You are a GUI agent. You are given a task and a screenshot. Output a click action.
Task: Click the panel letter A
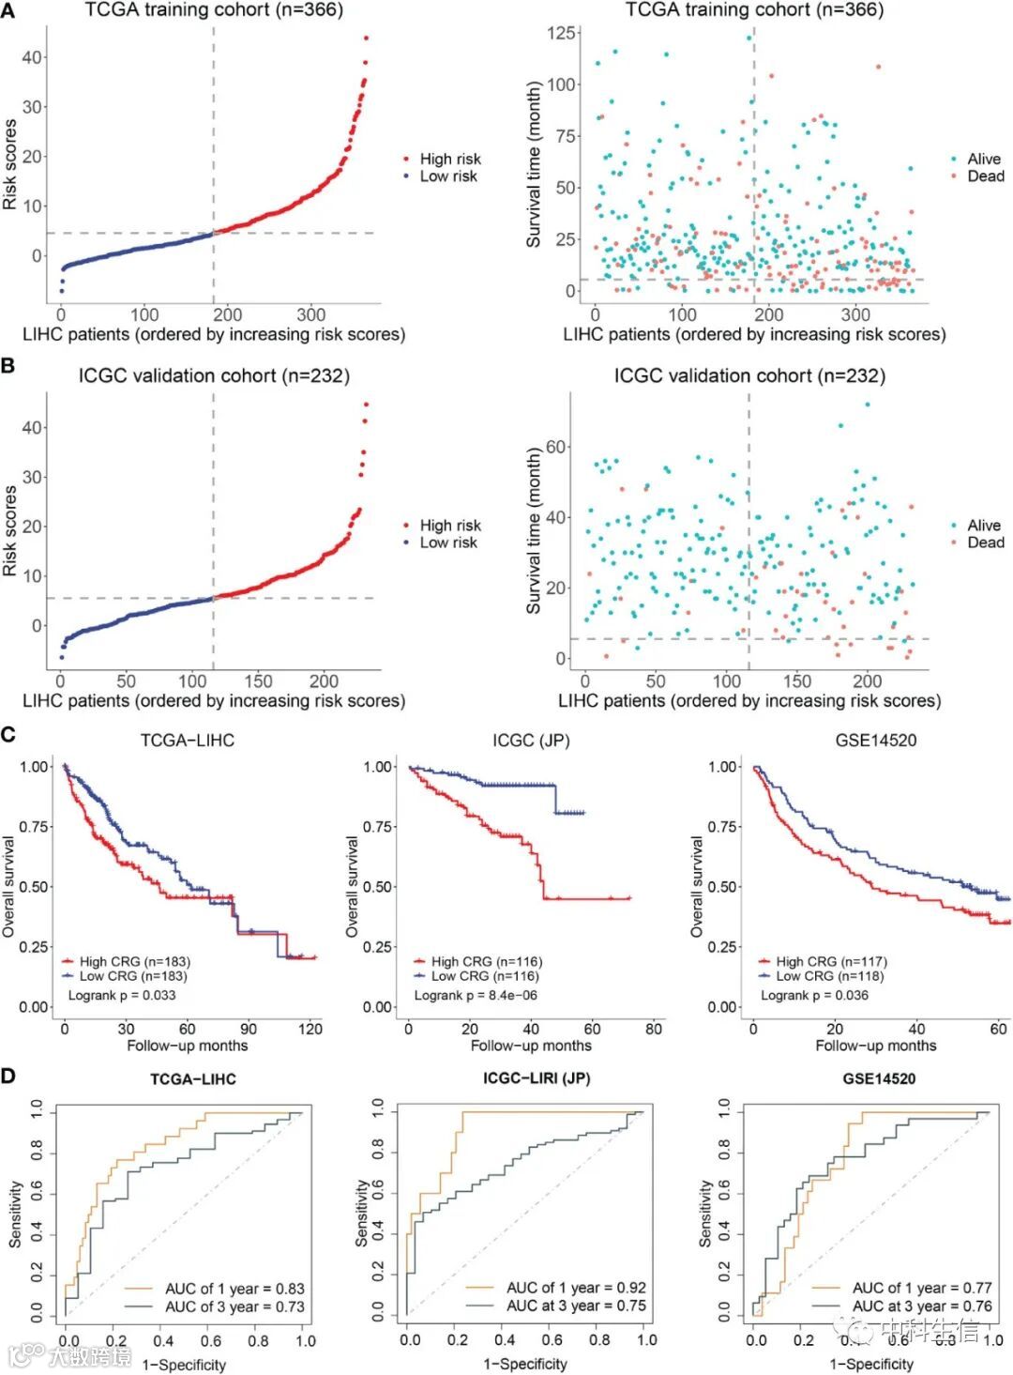pos(8,11)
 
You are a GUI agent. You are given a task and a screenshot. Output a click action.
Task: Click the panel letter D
pos(8,1075)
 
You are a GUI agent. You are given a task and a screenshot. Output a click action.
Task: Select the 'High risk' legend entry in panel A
pos(449,160)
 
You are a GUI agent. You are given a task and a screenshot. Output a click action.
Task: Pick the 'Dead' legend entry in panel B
pos(985,542)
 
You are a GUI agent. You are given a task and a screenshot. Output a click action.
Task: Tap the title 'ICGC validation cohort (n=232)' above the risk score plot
pos(214,376)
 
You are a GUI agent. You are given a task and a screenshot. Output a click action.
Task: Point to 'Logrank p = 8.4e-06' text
pos(476,995)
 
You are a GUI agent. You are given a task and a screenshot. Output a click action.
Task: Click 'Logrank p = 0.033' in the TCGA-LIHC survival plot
pos(122,995)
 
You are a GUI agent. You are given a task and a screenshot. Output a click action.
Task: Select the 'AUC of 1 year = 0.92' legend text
pos(576,1288)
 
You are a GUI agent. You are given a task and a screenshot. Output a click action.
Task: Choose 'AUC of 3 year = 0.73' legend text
pos(234,1306)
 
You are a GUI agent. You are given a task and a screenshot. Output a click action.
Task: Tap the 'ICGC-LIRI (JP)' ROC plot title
pos(537,1078)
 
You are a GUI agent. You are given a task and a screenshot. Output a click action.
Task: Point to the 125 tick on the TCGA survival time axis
pos(561,34)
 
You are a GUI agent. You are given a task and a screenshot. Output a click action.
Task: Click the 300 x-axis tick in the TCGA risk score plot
pos(310,315)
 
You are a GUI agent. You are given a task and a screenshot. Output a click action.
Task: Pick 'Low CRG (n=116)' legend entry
pos(485,976)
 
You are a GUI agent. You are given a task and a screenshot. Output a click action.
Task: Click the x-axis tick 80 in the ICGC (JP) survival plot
pos(654,1029)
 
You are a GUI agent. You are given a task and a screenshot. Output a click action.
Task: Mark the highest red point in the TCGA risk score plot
pos(366,38)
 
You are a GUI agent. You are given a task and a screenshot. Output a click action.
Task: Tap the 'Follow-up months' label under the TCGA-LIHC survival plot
pos(188,1046)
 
